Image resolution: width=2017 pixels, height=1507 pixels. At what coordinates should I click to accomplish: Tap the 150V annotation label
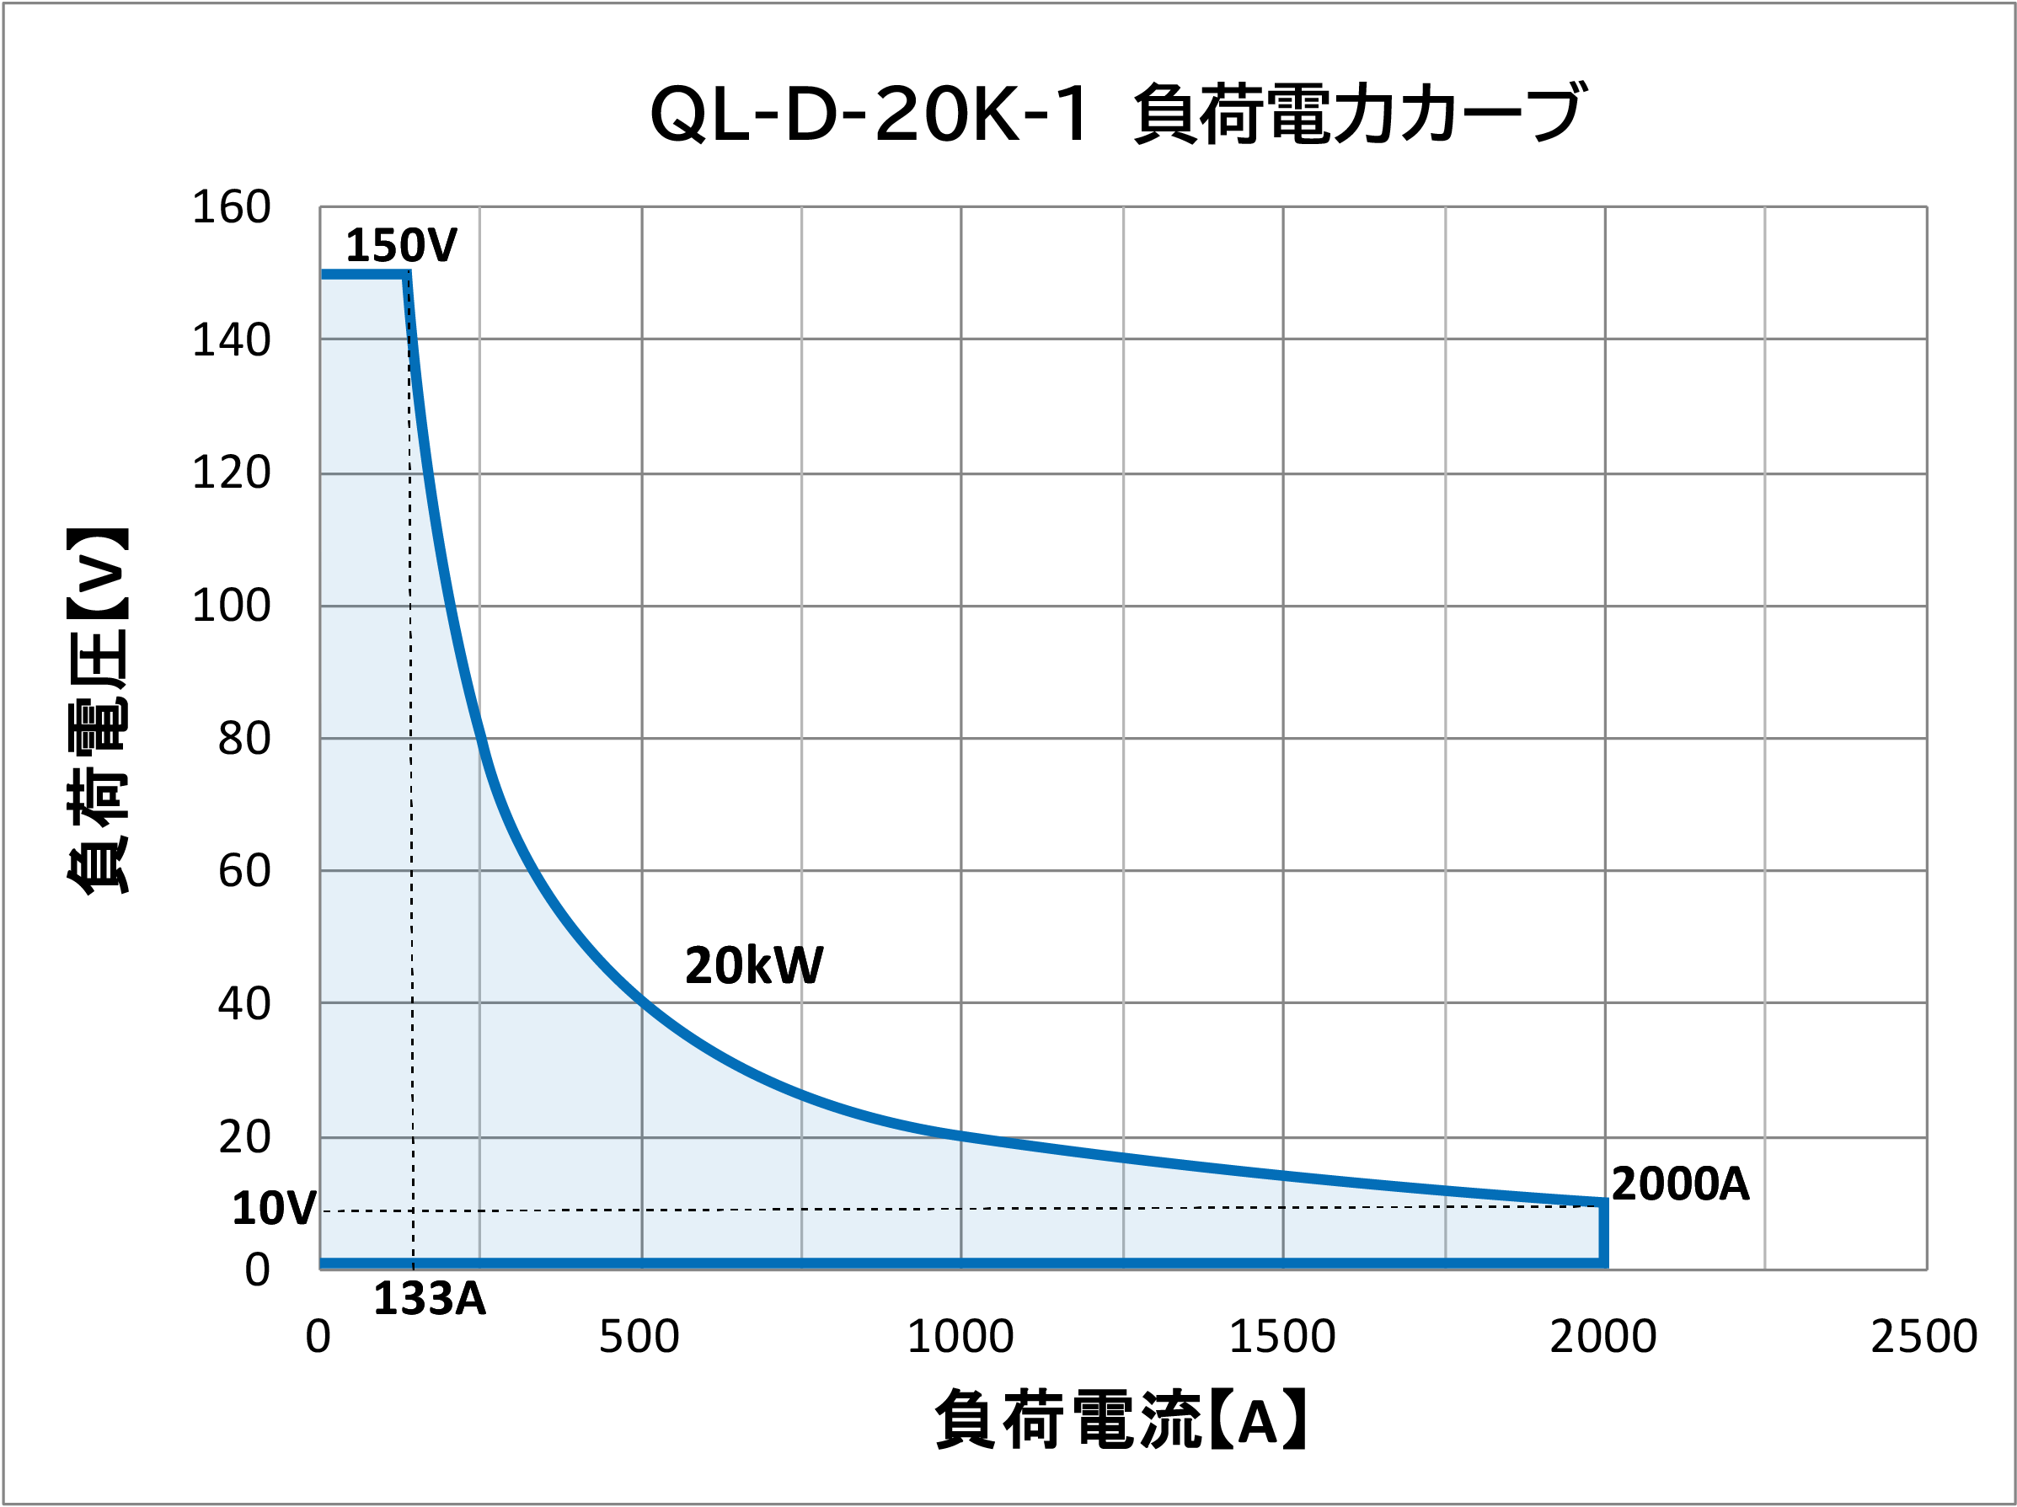[x=400, y=245]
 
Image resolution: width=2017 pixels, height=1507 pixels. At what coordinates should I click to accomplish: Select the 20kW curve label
[x=753, y=965]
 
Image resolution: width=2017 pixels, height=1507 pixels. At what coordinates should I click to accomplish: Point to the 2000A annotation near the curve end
[x=1680, y=1184]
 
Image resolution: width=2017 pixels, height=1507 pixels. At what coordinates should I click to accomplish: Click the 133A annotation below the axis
[x=429, y=1298]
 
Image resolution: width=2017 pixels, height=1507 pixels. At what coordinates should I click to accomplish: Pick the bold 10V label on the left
[x=274, y=1209]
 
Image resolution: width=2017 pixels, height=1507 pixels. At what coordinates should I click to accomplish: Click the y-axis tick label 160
[x=231, y=207]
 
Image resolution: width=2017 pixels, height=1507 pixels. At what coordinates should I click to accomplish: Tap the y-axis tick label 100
[x=231, y=606]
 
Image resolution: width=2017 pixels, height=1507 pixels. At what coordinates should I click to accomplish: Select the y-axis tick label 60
[x=243, y=871]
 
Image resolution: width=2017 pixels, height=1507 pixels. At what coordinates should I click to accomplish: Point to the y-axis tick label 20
[x=243, y=1138]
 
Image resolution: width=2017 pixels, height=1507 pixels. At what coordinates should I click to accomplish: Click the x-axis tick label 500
[x=639, y=1337]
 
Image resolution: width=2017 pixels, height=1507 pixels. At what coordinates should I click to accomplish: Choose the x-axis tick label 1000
[x=960, y=1337]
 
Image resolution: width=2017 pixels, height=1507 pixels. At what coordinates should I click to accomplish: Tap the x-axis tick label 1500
[x=1282, y=1337]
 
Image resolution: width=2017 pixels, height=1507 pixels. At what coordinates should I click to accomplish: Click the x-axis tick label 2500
[x=1924, y=1337]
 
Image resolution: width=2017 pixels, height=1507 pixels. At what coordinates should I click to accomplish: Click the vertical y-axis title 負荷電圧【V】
[x=98, y=711]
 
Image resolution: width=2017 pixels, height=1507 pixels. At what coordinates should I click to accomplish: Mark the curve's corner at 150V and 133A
[x=407, y=275]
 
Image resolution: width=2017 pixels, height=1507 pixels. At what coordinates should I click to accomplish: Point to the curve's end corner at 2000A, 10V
[x=1603, y=1204]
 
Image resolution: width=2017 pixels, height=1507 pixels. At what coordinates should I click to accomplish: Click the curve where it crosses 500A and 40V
[x=642, y=1003]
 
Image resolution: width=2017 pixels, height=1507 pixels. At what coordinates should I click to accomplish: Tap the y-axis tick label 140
[x=231, y=340]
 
